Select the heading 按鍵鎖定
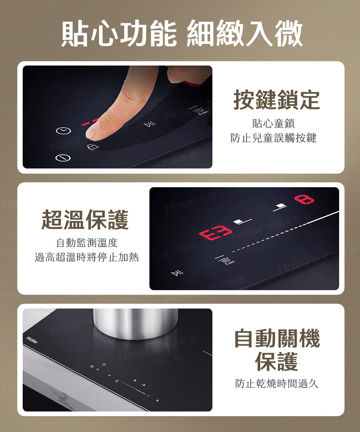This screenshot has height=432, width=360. (x=276, y=100)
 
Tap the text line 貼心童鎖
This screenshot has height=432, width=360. (x=273, y=124)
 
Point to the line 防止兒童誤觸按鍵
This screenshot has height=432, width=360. (x=273, y=138)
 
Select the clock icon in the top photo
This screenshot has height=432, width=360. (x=63, y=131)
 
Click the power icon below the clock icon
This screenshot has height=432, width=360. (x=63, y=158)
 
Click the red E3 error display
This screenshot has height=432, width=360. (x=215, y=233)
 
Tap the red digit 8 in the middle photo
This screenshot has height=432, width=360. (x=304, y=198)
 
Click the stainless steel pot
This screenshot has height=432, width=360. (x=136, y=323)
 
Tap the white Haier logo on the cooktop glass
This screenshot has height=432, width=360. (x=32, y=339)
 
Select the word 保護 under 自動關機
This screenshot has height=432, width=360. (x=276, y=361)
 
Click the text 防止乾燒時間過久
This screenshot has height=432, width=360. (x=276, y=383)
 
